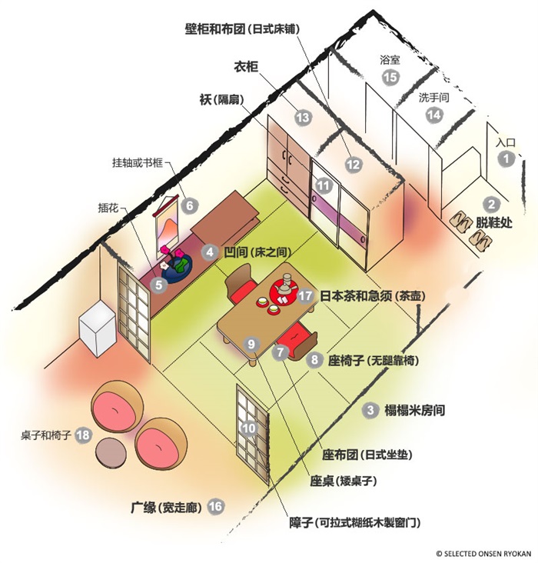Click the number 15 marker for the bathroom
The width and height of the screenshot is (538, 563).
[x=390, y=77]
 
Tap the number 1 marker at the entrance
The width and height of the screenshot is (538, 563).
[x=506, y=158]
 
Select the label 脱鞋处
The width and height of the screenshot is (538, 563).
[x=494, y=222]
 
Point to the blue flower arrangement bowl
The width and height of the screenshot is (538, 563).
[x=177, y=269]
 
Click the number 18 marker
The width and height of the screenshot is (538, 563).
[x=83, y=435]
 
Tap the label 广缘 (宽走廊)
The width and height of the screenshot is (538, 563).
[x=166, y=508]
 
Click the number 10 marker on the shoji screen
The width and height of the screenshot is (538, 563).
[x=249, y=428]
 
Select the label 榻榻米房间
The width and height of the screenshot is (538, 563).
[x=415, y=410]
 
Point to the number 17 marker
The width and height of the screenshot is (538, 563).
[x=305, y=296]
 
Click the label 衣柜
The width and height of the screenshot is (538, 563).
[x=246, y=67]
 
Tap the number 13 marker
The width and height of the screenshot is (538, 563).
[x=303, y=118]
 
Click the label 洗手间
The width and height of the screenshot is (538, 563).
[x=434, y=98]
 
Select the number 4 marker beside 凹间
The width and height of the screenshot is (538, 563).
[x=210, y=252]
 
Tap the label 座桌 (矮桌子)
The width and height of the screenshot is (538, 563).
[x=344, y=481]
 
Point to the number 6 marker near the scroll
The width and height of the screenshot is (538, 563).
[x=189, y=205]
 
